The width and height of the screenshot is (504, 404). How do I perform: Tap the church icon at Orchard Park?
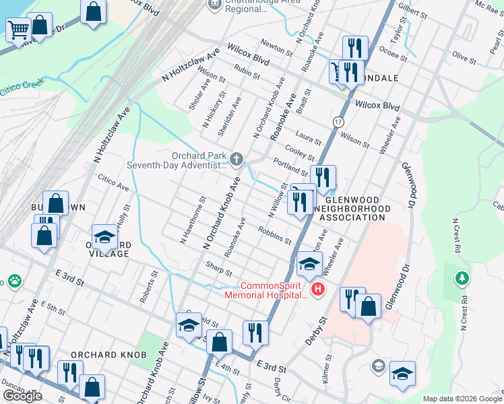coord(236,159)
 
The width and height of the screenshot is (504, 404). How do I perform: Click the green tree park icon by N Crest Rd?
coord(462,277)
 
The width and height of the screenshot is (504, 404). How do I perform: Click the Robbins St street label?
coord(274,235)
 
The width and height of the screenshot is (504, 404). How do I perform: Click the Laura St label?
coord(307,138)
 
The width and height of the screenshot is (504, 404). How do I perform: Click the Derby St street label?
coord(315,330)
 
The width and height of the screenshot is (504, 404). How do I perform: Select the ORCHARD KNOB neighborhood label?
coord(100,355)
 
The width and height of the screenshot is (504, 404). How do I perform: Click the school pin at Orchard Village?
coord(104,236)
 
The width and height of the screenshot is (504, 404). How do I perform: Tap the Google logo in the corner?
coord(22,395)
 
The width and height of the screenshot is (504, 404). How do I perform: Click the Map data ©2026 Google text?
coord(462,399)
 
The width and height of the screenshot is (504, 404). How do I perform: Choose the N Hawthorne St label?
coord(192,220)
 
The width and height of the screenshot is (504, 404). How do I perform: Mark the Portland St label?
coord(290,167)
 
